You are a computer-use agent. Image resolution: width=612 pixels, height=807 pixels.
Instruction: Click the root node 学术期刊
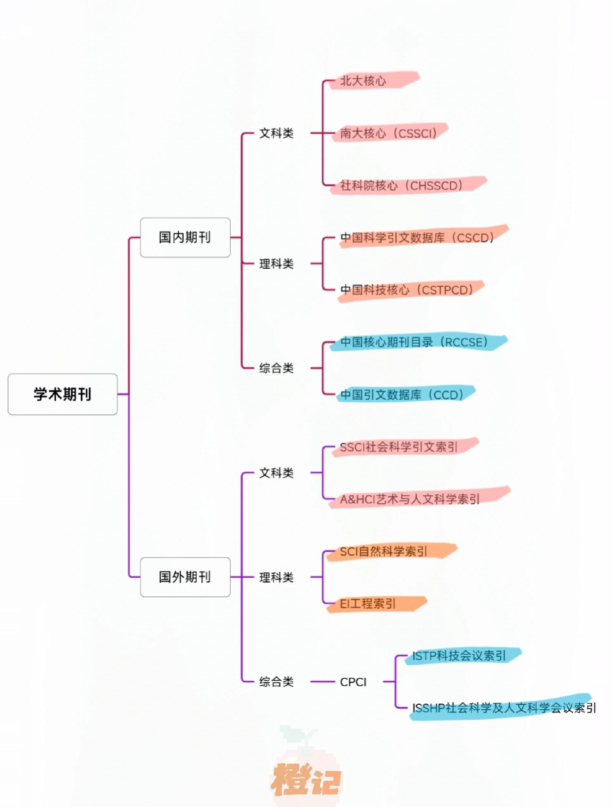coord(62,394)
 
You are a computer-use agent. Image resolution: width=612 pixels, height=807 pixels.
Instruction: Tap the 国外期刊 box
coord(185,577)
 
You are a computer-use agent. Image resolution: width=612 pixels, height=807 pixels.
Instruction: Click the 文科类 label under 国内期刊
coord(276,133)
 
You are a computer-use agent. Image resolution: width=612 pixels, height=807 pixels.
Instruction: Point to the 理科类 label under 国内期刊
coord(276,263)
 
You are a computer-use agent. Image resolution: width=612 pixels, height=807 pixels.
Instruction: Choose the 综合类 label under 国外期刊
coord(276,682)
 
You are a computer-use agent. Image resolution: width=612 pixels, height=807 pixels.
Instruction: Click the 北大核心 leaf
coord(363,81)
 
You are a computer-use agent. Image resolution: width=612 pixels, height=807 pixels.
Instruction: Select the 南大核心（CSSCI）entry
coord(389,133)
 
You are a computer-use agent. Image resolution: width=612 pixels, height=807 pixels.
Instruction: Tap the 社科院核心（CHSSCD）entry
coord(401,185)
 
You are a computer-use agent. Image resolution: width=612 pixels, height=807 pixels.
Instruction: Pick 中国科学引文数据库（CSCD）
coord(417,238)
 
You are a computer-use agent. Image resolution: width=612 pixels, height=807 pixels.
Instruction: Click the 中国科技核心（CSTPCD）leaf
coord(406,290)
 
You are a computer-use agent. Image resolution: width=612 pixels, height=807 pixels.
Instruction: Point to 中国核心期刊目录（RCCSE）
coord(414,342)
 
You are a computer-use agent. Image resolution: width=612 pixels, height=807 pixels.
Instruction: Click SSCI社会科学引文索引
coord(398,447)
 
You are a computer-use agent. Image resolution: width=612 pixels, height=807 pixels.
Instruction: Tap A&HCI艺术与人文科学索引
coord(410,499)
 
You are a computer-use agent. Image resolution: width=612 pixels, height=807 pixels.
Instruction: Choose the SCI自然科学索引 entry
coord(383,551)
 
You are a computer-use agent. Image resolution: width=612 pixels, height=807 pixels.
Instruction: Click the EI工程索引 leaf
coord(368,604)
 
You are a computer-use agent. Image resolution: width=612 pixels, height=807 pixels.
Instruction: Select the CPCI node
coord(353,682)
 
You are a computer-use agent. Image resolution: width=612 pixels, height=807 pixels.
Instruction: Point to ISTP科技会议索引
coord(459,655)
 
